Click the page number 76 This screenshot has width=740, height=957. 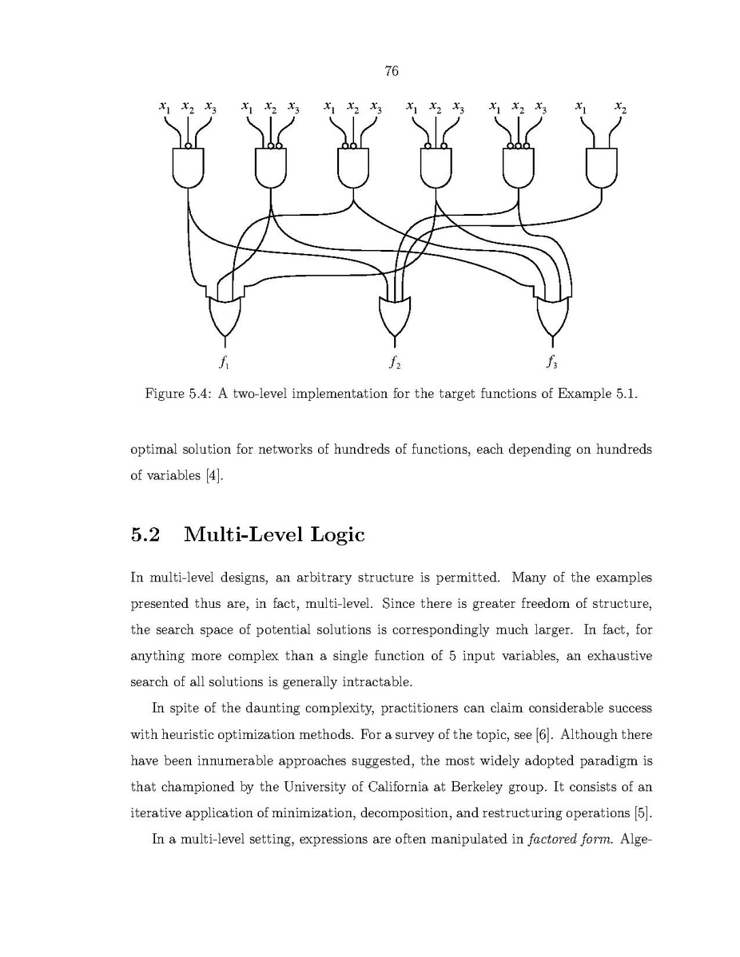tap(391, 72)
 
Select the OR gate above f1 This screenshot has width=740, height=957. tap(224, 314)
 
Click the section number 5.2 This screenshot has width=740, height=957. tap(145, 534)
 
